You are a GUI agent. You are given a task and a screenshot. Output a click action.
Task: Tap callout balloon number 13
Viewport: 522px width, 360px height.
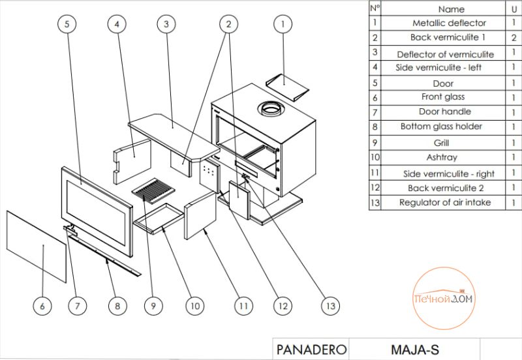(331, 305)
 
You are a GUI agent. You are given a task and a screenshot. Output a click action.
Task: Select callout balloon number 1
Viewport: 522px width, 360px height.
(282, 24)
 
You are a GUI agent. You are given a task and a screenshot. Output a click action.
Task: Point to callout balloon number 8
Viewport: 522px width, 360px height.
(117, 305)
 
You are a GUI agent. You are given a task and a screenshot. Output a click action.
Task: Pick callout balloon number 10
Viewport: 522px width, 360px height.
(194, 305)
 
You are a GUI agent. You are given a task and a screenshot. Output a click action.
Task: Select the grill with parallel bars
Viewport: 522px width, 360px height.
(153, 190)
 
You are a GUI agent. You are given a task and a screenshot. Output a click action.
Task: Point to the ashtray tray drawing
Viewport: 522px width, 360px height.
(158, 216)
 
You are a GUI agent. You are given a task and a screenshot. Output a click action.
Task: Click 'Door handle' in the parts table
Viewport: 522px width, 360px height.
(445, 112)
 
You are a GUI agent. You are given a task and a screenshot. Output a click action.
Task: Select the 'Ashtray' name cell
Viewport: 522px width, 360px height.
(442, 157)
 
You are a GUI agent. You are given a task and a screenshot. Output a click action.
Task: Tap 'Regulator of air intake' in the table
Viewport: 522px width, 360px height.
(445, 203)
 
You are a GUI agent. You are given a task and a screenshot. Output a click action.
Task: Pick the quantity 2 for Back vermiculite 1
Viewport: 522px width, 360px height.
(514, 38)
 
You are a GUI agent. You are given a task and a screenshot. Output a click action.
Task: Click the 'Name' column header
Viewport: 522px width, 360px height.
(452, 9)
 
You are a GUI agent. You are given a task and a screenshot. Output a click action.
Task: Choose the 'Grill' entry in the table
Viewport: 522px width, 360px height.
(442, 142)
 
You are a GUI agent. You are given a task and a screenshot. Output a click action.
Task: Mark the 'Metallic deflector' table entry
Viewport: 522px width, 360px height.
(444, 23)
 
